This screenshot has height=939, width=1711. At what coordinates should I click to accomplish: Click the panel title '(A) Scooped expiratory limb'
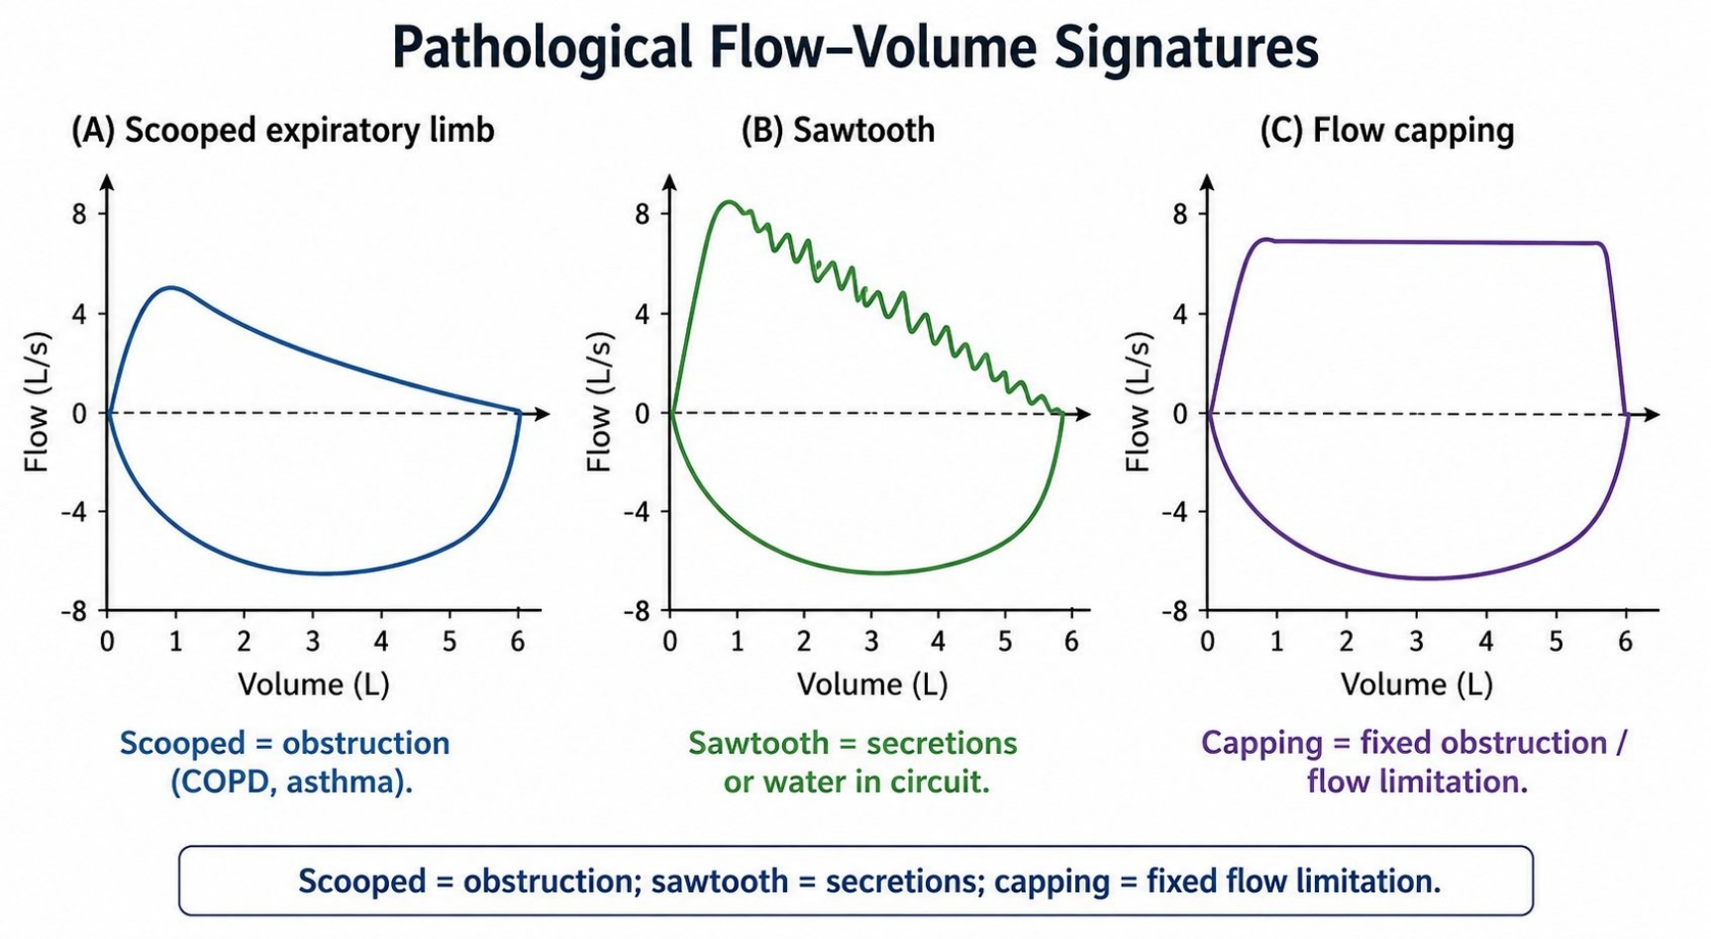point(282,130)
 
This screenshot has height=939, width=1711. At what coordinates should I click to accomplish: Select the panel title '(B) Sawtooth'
point(838,130)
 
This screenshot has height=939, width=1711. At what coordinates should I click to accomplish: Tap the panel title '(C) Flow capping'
point(1386,131)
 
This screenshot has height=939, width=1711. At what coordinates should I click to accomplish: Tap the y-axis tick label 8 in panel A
point(79,214)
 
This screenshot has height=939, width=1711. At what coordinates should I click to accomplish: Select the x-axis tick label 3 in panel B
point(870,641)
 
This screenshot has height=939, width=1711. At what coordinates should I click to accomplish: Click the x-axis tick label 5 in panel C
point(1556,641)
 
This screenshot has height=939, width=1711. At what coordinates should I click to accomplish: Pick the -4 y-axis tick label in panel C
point(1174,512)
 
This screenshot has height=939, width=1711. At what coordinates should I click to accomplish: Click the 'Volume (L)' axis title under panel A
point(313,683)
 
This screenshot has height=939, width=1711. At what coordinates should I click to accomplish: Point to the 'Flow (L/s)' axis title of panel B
point(600,401)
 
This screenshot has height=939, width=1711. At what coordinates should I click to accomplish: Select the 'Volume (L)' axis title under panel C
point(1416,683)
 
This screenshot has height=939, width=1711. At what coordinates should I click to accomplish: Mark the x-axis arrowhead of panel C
point(1652,414)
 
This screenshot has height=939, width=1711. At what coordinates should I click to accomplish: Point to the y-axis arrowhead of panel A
point(107,182)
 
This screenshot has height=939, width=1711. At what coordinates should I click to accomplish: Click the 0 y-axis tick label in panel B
point(643,414)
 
